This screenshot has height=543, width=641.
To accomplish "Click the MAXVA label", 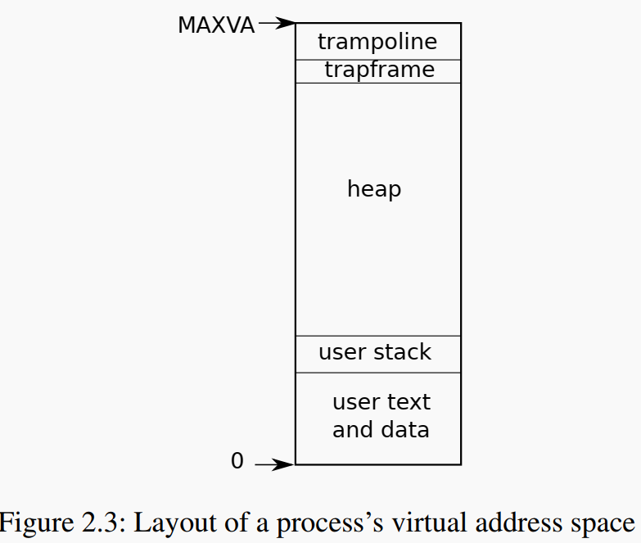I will point(216,25).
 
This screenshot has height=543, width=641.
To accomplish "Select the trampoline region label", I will point(377,42).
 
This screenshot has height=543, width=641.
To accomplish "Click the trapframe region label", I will point(379,70).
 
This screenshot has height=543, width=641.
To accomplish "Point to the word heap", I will point(374,190).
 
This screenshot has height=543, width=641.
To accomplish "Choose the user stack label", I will point(375,353).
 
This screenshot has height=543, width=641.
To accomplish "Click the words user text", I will point(381,403).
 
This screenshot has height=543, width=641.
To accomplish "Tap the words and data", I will point(381,430).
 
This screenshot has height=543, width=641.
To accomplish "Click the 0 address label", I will point(237,462).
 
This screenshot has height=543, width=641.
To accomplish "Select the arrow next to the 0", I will point(274,465).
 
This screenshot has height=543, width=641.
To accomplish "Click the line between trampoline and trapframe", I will point(378,60).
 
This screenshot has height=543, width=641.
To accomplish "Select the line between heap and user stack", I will point(378,336).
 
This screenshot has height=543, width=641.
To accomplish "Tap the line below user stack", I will point(378,373).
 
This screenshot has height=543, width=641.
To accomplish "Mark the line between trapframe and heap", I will point(378,83).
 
